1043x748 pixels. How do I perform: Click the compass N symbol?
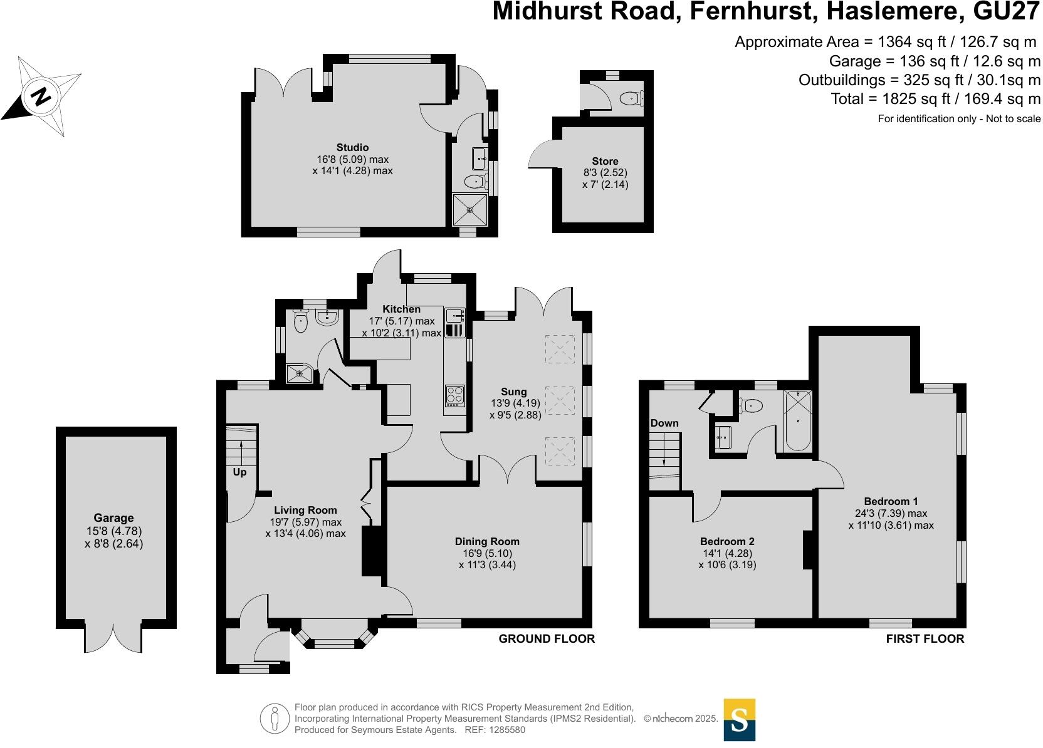coord(41,97)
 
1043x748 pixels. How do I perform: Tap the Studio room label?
coord(352,148)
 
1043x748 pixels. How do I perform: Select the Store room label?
coord(605,161)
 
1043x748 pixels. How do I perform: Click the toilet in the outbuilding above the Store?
coord(630,98)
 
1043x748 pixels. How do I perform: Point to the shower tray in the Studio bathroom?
coord(470,209)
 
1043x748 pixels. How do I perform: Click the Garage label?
coord(113,518)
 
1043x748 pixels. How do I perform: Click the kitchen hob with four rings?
coord(455,395)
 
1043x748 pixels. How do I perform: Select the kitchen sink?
coord(454,314)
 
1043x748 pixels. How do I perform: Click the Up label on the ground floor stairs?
coord(240,472)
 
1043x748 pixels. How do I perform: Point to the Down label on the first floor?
coord(664,423)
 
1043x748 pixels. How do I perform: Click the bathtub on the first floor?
coord(798,421)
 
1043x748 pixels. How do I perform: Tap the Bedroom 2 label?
coord(727,541)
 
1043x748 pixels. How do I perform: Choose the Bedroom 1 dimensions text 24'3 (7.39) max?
coord(891,513)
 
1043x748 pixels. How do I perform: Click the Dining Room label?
coord(487,541)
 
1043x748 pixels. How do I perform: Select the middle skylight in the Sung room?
coord(560,400)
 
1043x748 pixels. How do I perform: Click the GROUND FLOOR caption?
coord(547,638)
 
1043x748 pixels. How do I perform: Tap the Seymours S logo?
coord(740,720)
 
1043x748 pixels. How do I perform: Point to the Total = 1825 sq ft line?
coord(935,98)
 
